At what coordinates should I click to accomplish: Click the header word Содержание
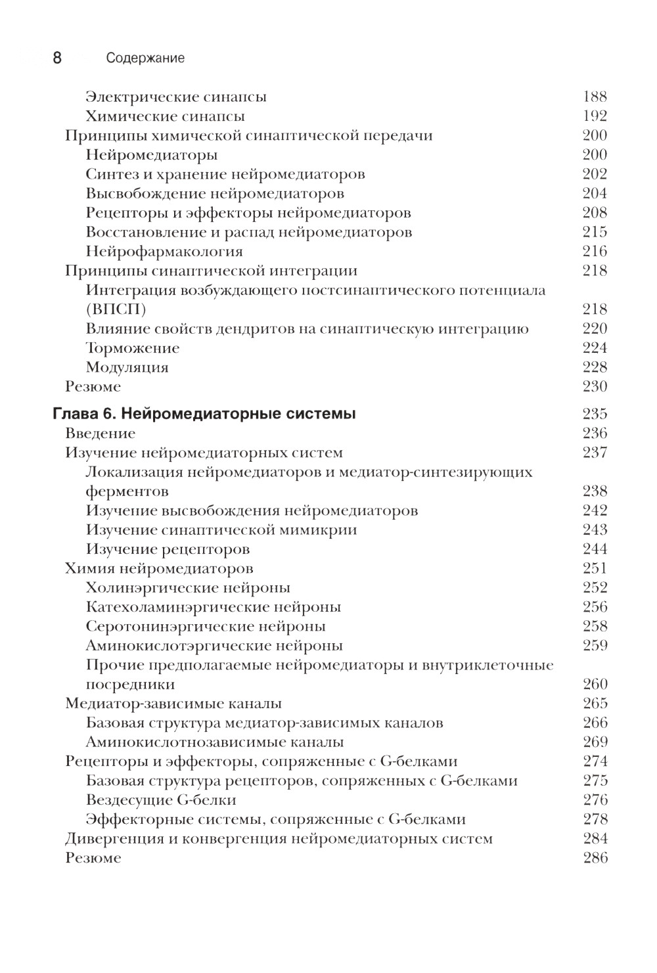145,58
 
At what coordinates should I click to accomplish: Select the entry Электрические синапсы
175,97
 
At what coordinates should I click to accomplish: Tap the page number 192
595,116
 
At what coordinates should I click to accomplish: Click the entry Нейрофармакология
164,252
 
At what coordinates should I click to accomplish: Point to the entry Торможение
132,348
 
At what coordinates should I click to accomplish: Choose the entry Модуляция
127,367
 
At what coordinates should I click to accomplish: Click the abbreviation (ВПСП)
116,309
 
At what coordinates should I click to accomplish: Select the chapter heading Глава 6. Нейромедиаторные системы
204,414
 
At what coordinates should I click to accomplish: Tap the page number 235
595,414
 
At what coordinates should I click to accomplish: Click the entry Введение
100,434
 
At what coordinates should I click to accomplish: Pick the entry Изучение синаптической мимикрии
221,530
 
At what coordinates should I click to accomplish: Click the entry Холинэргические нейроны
188,588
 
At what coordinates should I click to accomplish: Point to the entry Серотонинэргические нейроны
206,626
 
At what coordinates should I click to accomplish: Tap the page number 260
595,684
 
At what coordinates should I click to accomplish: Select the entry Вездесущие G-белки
161,800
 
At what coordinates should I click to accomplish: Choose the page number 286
595,858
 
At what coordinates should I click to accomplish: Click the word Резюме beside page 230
93,387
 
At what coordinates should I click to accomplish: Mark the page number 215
595,232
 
